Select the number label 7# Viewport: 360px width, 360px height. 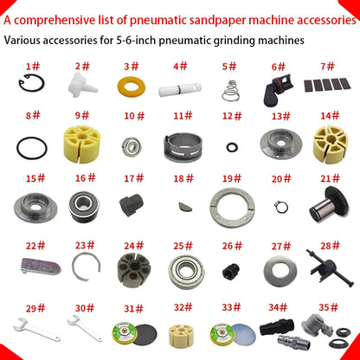pos(329,65)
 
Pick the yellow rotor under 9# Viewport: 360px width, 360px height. pos(83,142)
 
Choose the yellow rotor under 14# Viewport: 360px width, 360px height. pos(330,143)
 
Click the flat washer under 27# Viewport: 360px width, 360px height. pos(280,276)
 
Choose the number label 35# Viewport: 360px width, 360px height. pos(328,307)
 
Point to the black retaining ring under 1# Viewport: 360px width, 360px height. pos(30,86)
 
